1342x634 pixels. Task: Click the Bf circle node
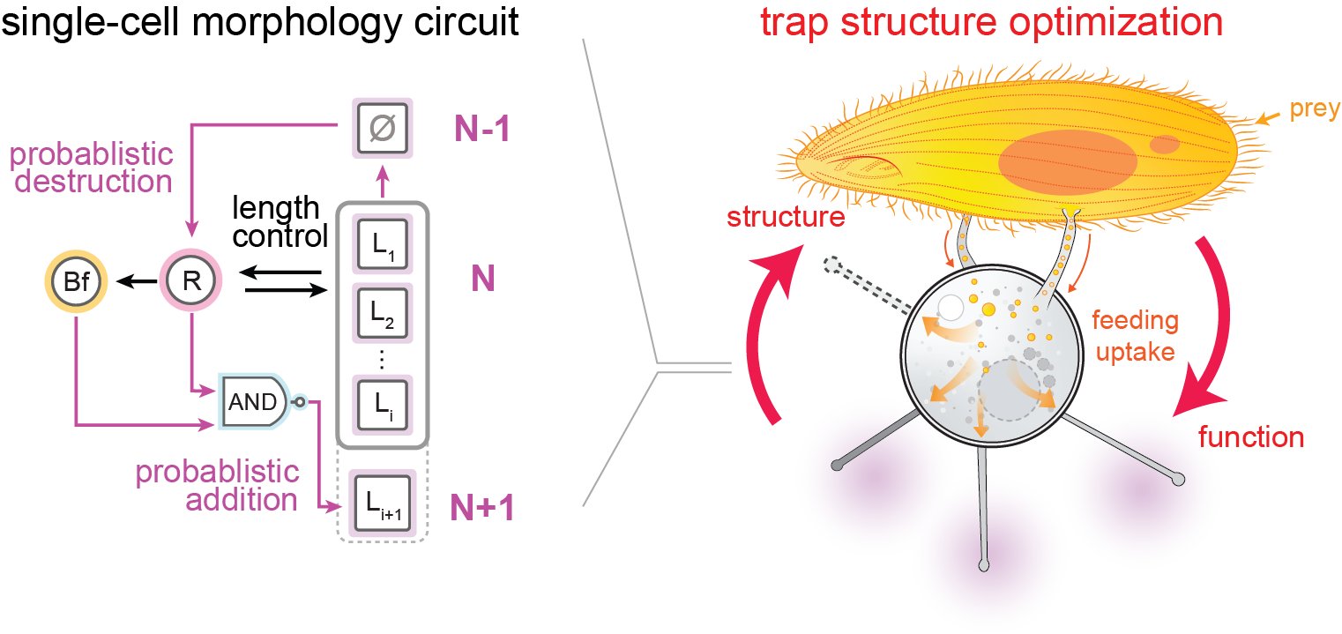tap(74, 282)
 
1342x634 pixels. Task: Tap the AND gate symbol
tap(255, 402)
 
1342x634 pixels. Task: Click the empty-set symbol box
tap(383, 127)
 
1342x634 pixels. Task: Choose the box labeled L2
tap(383, 313)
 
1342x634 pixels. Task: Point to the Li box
tap(383, 406)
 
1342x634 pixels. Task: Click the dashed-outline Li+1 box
tap(383, 503)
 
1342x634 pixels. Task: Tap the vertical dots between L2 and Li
tap(382, 359)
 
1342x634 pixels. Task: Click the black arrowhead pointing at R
tap(245, 274)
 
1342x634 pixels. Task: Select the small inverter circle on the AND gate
tap(298, 402)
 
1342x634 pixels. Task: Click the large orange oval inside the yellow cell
tap(1067, 163)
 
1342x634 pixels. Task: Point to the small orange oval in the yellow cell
tap(1165, 144)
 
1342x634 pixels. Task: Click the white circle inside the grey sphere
tap(951, 309)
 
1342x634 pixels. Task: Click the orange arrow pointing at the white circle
tap(943, 328)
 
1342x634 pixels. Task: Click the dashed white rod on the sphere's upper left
tap(869, 282)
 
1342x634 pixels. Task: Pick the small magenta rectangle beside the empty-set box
tap(481, 128)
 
